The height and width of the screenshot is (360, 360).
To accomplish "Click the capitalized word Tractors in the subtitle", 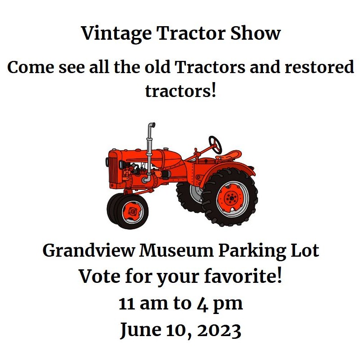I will click(x=210, y=68).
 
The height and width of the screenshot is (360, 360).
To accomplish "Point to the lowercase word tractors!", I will click(x=180, y=91).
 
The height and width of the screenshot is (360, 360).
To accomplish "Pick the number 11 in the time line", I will click(x=127, y=304).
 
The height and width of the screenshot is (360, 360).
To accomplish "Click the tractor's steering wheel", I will click(x=216, y=144).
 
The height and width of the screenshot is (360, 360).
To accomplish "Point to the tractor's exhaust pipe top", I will click(x=151, y=125).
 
